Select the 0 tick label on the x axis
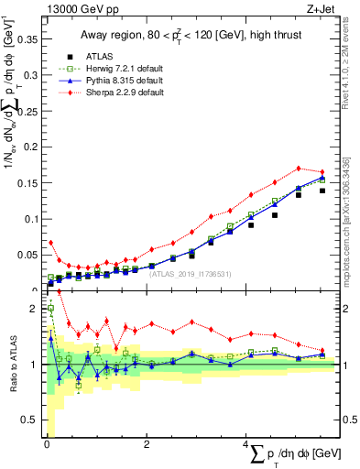point(47,444)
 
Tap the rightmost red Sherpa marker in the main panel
point(322,172)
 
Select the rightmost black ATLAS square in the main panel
point(322,191)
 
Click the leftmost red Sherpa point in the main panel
point(51,243)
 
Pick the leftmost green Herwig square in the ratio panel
point(51,309)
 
